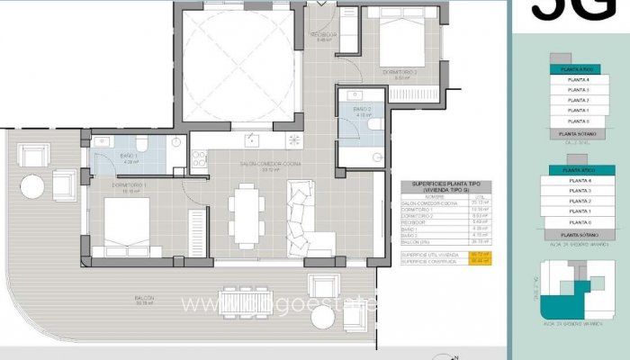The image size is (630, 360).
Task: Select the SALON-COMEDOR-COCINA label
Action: pos(261,165)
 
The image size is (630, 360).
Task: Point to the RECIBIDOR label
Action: pos(323,36)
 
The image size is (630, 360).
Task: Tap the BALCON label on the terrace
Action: pos(145,298)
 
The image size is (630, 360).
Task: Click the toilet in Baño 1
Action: pos(141,146)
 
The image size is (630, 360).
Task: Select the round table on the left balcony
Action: pos(33,186)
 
